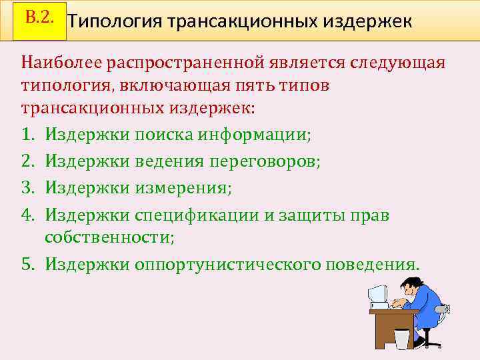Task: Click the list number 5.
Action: (27, 264)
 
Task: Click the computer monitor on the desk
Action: (378, 294)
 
